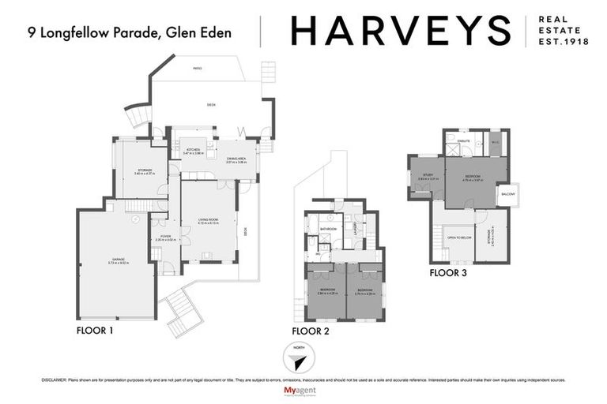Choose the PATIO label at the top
click(197, 69)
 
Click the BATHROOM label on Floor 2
click(329, 230)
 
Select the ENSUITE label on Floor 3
click(465, 140)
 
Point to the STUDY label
click(428, 175)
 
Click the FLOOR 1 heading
click(95, 330)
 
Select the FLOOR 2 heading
click(310, 331)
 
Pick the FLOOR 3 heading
click(447, 273)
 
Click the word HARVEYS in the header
click(399, 31)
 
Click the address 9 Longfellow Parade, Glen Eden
click(130, 32)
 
